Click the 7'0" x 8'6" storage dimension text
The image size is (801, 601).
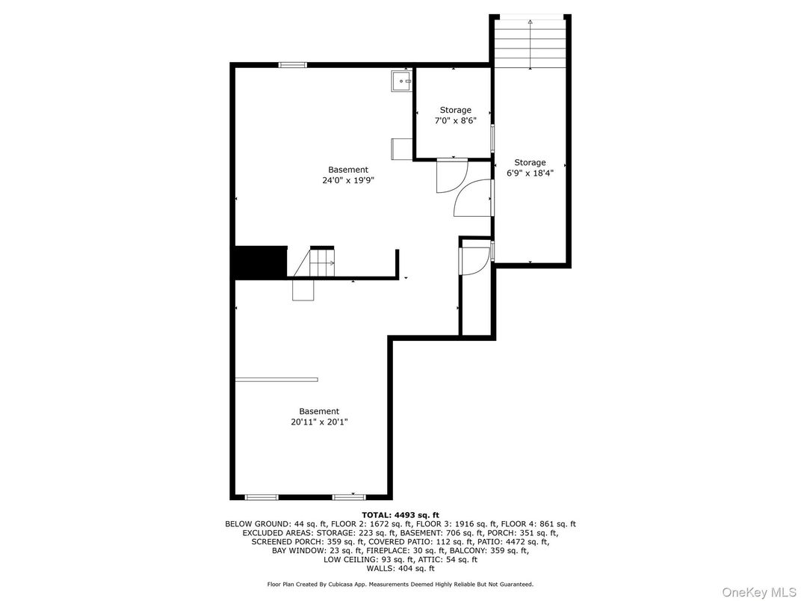455,121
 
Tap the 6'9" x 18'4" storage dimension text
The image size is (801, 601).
530,173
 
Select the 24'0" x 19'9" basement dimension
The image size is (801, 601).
348,180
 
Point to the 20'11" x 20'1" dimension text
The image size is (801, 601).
319,422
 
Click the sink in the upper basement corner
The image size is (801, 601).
401,81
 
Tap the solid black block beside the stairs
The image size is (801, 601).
261,262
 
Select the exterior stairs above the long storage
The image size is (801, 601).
531,43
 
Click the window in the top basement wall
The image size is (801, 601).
293,65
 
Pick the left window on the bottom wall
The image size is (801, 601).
262,497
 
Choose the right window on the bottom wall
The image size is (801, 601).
349,497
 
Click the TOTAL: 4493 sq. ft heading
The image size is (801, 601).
400,515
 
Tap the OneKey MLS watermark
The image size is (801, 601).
759,592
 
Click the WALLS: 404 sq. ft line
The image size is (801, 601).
400,568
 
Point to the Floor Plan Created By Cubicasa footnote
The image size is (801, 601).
400,584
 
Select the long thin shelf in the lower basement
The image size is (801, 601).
276,379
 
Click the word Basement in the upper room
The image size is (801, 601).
348,170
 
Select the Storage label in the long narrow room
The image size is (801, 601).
530,162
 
